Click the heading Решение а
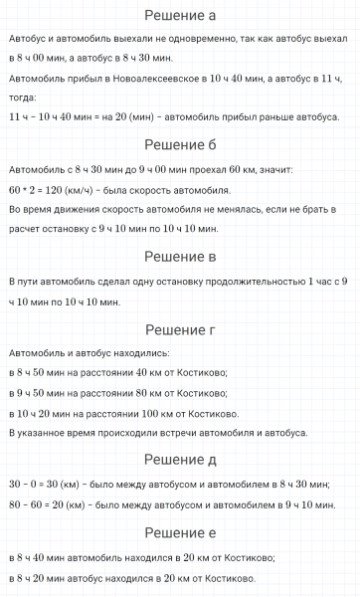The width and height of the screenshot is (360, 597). click(x=180, y=16)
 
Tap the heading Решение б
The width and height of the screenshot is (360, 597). click(x=180, y=145)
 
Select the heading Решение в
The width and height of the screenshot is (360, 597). click(x=180, y=258)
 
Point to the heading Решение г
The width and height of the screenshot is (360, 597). click(x=180, y=329)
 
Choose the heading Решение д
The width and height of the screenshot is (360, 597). click(x=180, y=459)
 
